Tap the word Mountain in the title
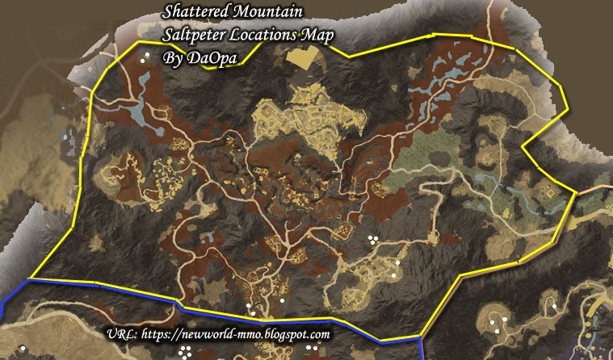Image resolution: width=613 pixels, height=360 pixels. click(x=271, y=13)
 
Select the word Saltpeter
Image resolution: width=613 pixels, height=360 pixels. click(x=196, y=36)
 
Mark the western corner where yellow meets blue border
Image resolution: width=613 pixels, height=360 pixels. click(x=29, y=279)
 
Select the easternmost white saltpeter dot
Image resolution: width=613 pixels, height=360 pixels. click(x=555, y=306)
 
